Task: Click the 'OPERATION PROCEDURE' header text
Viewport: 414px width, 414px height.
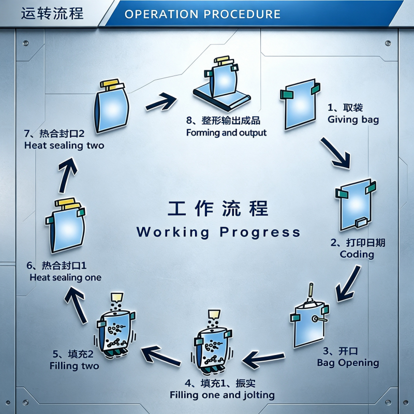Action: pos(202,14)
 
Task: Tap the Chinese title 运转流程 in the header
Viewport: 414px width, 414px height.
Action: pos(52,13)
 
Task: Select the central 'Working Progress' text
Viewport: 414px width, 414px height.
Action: pos(218,232)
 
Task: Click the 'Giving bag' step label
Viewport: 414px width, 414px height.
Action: pos(353,120)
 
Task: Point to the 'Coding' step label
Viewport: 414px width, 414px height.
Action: pos(357,254)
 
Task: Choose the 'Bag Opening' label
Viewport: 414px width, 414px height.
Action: pos(348,363)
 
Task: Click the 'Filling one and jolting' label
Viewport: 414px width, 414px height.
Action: pos(222,395)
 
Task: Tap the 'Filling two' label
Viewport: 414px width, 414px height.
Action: pos(74,366)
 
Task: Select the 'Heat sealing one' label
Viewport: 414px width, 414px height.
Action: pos(66,277)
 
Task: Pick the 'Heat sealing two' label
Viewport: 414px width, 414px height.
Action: pos(64,145)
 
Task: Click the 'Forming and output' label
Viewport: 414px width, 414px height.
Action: pos(226,132)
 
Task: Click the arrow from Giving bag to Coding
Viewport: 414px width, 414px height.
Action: pos(335,153)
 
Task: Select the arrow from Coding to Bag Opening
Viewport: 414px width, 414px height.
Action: pos(348,284)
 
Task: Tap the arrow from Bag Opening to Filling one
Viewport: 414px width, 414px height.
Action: pos(263,359)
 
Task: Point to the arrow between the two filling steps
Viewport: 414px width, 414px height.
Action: pos(161,356)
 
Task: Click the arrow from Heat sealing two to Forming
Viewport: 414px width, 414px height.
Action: pos(161,101)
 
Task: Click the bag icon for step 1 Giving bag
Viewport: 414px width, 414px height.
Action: pos(300,104)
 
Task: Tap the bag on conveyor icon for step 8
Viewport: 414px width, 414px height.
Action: pos(222,83)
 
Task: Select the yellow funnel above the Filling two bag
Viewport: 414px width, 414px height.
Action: pos(117,297)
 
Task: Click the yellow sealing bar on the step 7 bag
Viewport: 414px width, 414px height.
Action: pos(112,84)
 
